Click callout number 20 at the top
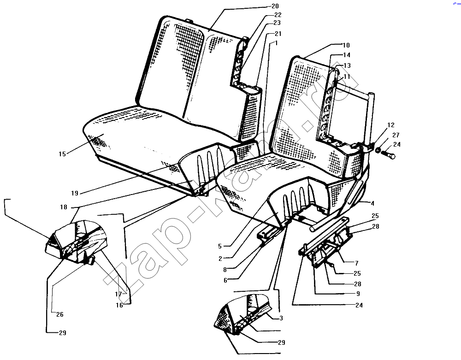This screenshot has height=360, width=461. point(275,6)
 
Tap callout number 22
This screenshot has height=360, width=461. point(278,15)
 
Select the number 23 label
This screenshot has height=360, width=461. point(277,23)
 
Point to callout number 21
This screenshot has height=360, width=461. point(278,34)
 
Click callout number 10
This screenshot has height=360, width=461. point(346,45)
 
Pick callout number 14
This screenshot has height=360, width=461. point(347,55)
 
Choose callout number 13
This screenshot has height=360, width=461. point(347,65)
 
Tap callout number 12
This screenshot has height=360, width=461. point(391,125)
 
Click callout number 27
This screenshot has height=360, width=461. point(396,135)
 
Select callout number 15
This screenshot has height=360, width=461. point(62,154)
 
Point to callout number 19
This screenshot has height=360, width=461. point(75,193)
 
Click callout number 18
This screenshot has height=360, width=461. point(64,207)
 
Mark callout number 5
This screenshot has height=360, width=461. point(219,246)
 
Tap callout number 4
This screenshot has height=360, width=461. point(372,203)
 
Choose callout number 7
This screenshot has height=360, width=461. point(357,263)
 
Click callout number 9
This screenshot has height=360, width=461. point(358,294)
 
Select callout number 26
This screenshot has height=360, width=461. point(59,314)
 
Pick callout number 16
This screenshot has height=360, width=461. point(119,305)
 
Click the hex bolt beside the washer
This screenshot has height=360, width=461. point(389,154)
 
